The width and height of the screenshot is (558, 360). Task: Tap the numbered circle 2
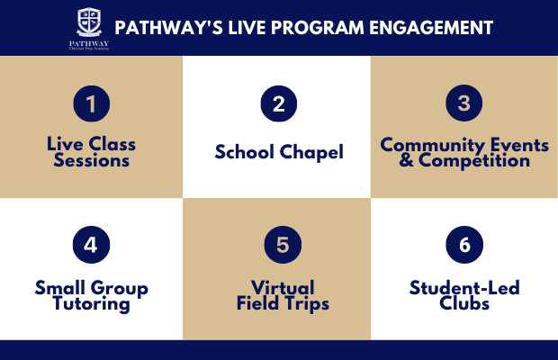pos(279,103)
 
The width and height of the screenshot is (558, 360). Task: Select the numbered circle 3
pos(463,103)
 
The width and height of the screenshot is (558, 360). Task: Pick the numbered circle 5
pos(279,245)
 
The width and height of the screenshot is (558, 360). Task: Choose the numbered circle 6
pos(463,245)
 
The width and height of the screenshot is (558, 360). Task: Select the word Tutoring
pos(91,304)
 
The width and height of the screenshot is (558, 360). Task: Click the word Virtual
pos(278,289)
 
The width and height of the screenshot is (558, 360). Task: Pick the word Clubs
pos(464,304)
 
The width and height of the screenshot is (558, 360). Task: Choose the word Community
pos(429,145)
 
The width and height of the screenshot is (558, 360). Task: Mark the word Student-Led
pos(464,289)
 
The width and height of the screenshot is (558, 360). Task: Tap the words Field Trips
pos(278,304)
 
